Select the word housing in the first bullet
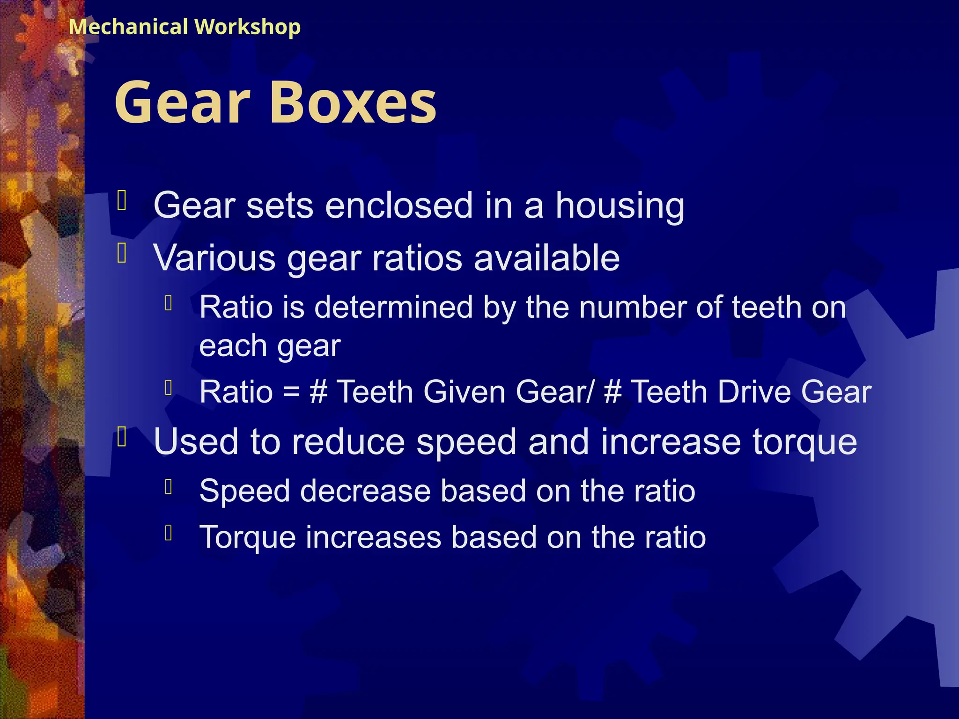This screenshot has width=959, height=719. point(620,206)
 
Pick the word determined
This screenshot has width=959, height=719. point(393,308)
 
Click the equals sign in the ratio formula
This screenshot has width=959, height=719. point(291,392)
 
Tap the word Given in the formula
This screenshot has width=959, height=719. point(464,391)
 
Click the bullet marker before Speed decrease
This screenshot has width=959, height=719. point(169,487)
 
